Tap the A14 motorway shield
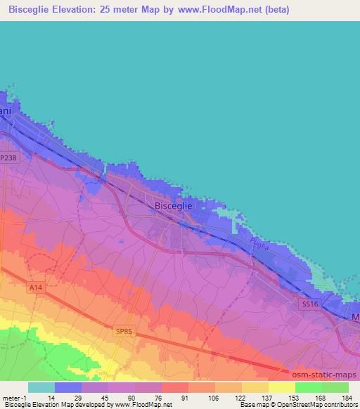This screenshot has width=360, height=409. click(x=37, y=287)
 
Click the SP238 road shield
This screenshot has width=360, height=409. click(x=8, y=159)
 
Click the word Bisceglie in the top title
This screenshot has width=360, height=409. click(x=35, y=11)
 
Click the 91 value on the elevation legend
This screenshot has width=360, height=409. click(x=184, y=398)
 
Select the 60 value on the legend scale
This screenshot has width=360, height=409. click(x=131, y=398)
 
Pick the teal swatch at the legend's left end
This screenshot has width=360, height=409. click(x=41, y=387)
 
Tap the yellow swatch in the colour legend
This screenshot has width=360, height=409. click(x=281, y=387)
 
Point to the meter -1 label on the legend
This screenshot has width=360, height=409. click(x=14, y=398)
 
